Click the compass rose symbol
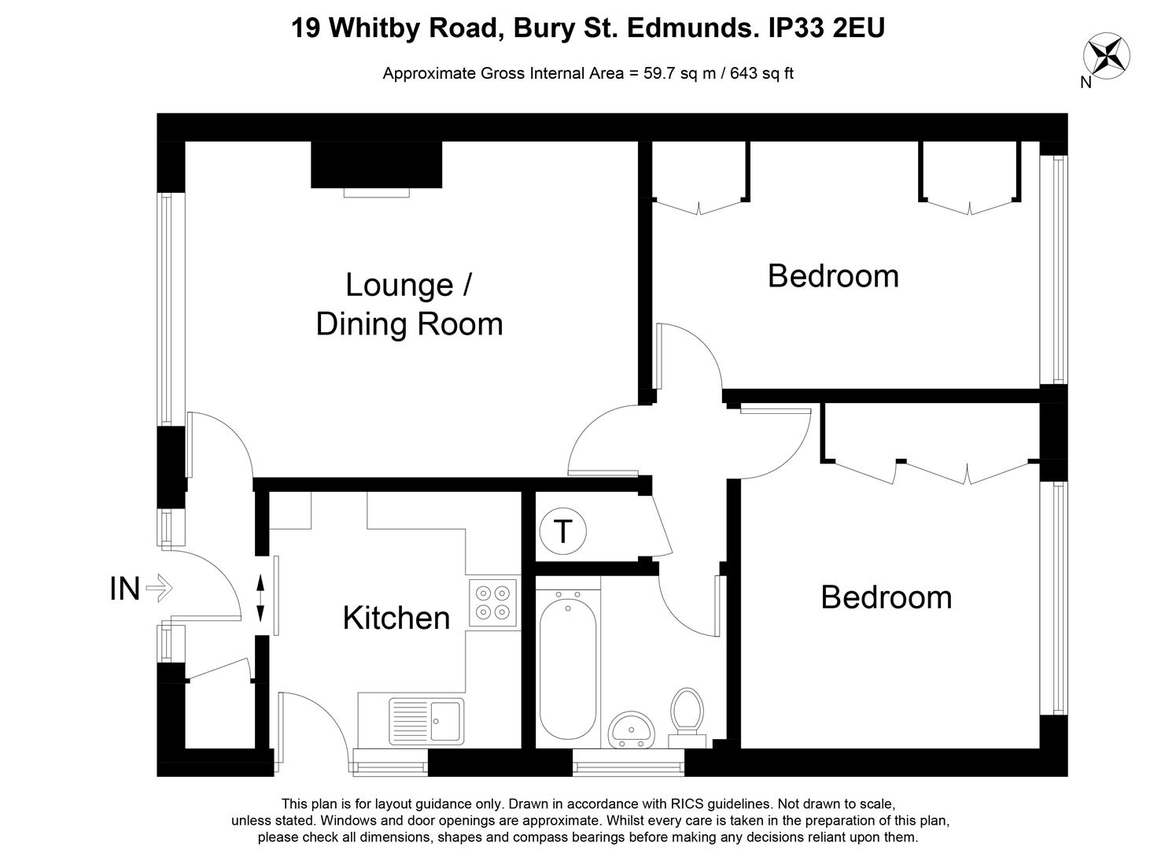pos(1106,56)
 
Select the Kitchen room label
pos(396,618)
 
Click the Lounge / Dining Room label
pos(409,304)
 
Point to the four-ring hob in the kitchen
pos(492,603)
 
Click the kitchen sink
pos(426,721)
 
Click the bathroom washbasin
pos(631,730)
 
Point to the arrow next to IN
pos(159,588)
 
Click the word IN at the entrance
pos(125,589)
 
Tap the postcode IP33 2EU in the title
pos(827,28)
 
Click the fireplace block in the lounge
pos(377,164)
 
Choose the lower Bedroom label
pos(887,597)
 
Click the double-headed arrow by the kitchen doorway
pos(260,598)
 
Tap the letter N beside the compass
pos(1086,83)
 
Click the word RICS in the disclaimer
pos(686,804)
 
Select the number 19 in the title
pos(305,28)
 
